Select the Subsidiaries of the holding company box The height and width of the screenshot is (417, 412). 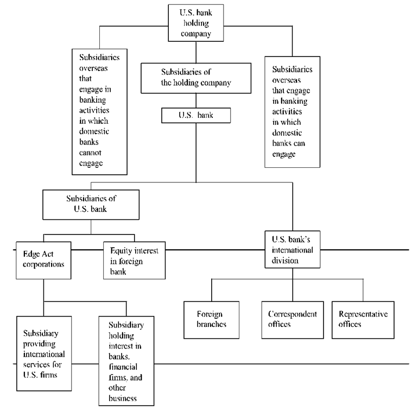(x=196, y=77)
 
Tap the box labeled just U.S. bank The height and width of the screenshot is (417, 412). (x=196, y=115)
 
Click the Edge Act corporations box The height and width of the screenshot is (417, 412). (x=43, y=258)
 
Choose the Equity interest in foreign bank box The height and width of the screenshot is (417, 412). (x=134, y=260)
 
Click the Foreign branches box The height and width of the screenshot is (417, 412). (x=211, y=319)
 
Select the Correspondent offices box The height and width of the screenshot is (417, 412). (x=293, y=319)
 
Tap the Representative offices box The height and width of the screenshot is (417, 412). (x=363, y=319)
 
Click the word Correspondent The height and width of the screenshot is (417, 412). (x=293, y=314)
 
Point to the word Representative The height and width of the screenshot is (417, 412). (x=363, y=314)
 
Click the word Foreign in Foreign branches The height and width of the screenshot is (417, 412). (x=210, y=314)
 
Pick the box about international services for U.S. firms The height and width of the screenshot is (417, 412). (x=43, y=352)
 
